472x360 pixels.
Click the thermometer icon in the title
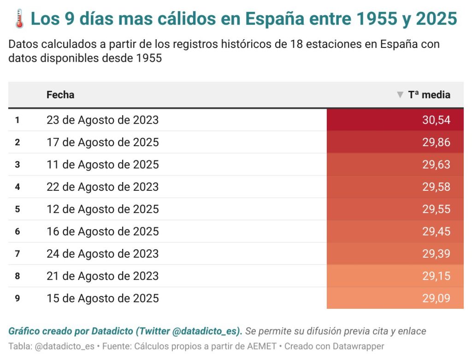pos(19,19)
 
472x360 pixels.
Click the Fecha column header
pos(60,95)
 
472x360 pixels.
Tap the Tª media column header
pos(429,95)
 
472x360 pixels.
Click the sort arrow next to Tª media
pos(400,95)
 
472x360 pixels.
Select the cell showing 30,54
pos(436,120)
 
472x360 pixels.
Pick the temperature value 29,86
pos(436,142)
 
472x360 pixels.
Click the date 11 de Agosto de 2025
pos(102,165)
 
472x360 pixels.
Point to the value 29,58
pos(436,187)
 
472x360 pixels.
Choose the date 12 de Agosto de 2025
pos(102,209)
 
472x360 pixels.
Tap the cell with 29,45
pos(436,231)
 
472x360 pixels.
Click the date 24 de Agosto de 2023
pos(102,254)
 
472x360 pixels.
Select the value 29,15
pos(436,276)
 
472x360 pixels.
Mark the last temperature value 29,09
pos(436,298)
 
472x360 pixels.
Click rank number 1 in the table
pos(17,120)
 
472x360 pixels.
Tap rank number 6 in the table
pos(17,231)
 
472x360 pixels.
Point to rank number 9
pos(17,298)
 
